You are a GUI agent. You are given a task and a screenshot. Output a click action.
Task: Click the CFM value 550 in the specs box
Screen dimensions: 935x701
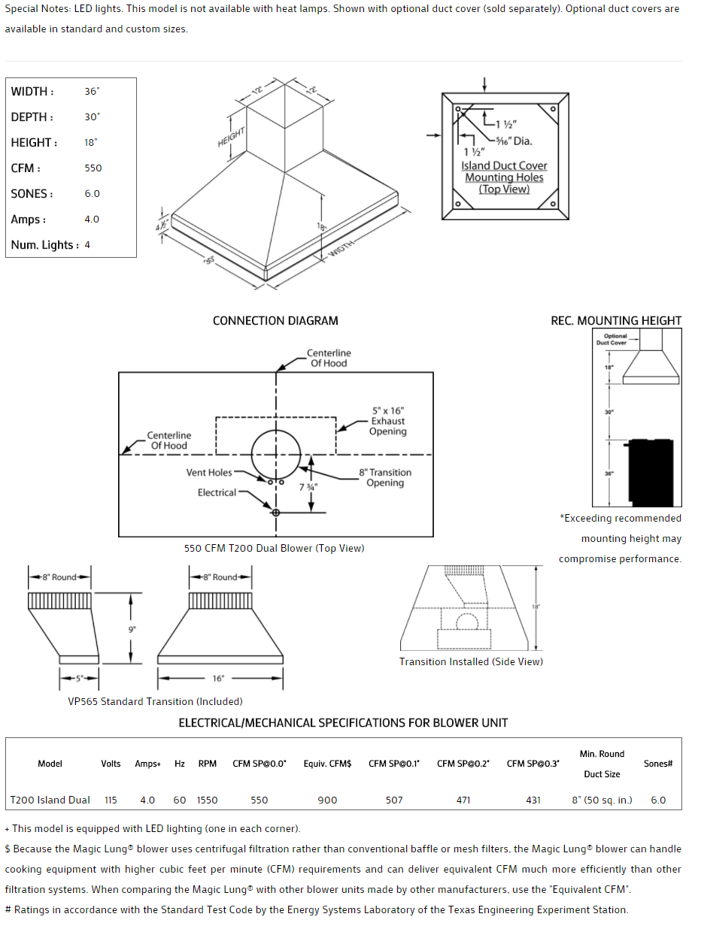(93, 168)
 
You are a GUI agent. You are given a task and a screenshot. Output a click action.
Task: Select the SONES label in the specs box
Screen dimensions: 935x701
(32, 194)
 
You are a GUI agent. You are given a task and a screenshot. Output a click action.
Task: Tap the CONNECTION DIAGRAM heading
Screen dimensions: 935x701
(275, 321)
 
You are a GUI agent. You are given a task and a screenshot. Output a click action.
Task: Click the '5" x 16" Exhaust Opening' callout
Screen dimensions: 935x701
(388, 422)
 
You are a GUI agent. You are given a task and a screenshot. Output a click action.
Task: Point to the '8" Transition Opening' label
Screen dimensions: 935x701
(385, 478)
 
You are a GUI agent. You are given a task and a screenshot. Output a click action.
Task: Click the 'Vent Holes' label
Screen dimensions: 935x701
(209, 473)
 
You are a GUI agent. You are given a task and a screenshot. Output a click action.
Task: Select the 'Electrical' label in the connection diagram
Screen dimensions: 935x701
(217, 493)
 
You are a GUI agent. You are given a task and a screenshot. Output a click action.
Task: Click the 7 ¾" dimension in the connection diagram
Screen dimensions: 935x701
(308, 487)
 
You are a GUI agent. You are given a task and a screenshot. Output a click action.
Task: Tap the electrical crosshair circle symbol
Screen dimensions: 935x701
(276, 513)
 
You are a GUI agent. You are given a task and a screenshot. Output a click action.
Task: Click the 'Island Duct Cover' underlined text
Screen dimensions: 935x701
(504, 165)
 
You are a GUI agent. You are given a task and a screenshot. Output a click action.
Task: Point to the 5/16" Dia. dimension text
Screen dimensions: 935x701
(514, 141)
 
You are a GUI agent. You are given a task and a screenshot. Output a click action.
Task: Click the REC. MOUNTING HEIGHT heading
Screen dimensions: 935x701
(616, 321)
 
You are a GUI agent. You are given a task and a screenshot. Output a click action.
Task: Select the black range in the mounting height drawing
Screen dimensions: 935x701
(651, 472)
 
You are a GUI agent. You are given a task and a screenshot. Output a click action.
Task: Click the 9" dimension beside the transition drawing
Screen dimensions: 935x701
(132, 629)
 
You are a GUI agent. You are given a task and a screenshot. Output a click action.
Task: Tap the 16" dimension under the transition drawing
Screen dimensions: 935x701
(218, 679)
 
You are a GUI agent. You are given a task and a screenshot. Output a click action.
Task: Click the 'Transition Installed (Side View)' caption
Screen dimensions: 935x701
(471, 662)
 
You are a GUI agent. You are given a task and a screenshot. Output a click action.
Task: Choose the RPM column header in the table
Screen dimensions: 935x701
(208, 764)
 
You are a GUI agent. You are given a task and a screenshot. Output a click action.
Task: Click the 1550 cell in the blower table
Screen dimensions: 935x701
(208, 800)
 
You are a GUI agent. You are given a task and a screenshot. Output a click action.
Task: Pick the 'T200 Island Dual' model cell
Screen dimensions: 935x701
(50, 800)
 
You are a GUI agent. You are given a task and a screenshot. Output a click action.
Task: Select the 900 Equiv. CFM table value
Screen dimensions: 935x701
(327, 800)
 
